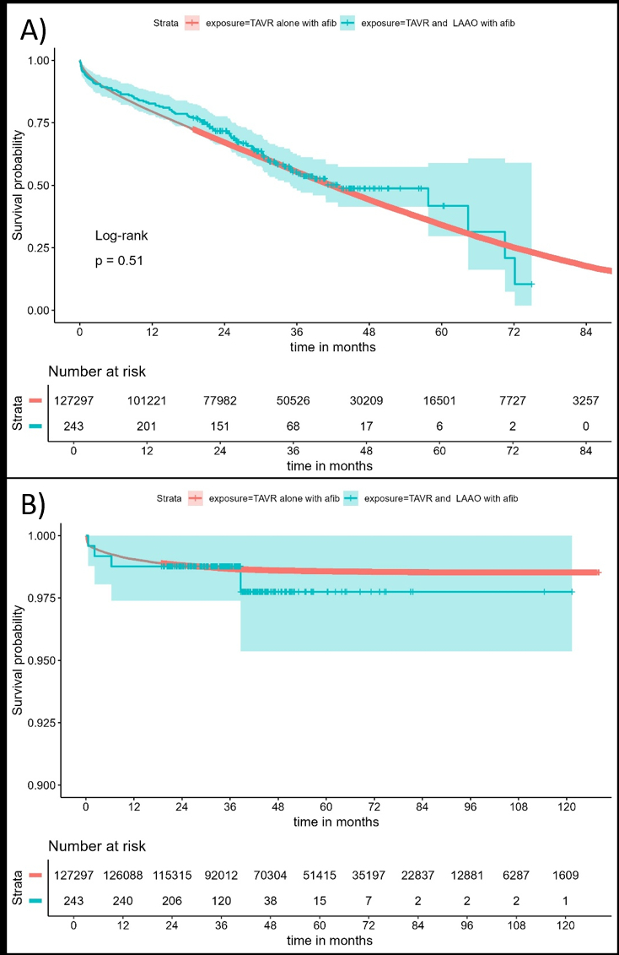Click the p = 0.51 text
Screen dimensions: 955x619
pyautogui.click(x=119, y=261)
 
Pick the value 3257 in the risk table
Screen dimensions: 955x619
pyautogui.click(x=584, y=399)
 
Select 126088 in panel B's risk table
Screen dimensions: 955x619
pyautogui.click(x=125, y=875)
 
